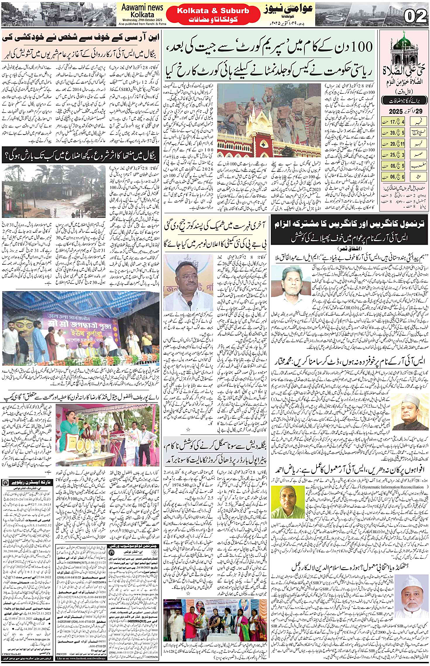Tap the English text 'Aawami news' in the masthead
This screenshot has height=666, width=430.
(x=142, y=7)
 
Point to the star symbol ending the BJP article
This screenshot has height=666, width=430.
(x=188, y=429)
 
